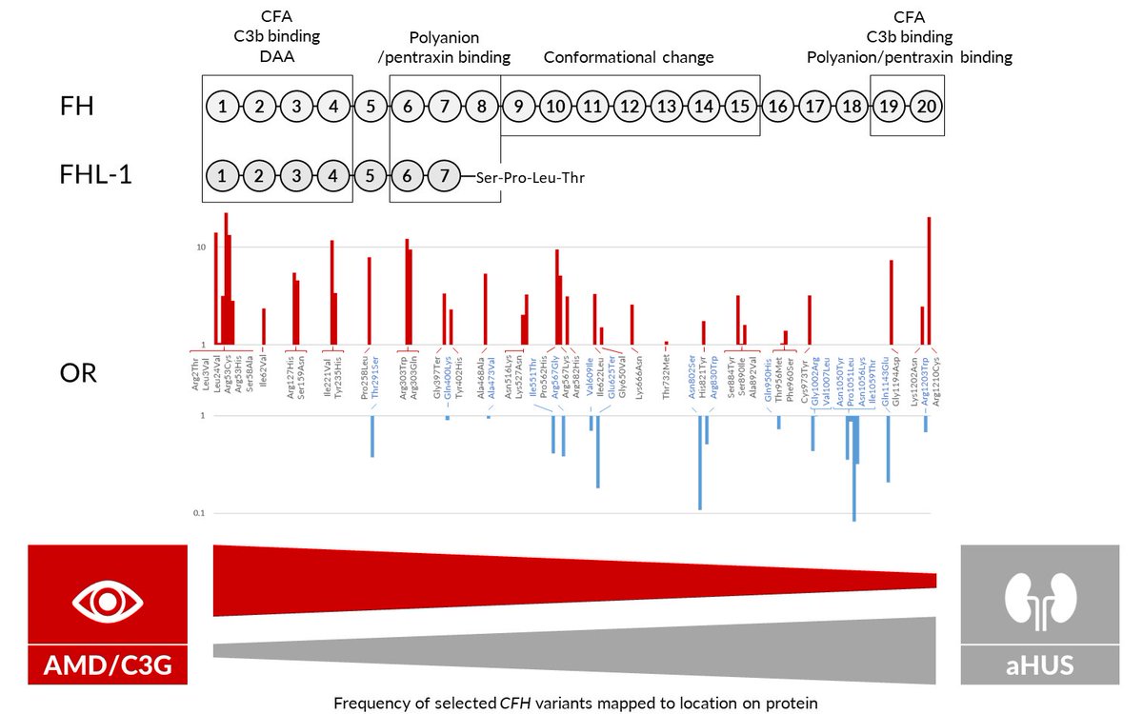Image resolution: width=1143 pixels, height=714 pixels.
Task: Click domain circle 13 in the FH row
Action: [x=667, y=107]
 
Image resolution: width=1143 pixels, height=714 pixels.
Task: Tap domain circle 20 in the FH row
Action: [x=926, y=107]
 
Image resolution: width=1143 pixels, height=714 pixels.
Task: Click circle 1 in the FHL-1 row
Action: [x=222, y=176]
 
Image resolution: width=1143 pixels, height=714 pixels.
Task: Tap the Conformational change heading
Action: [x=629, y=58]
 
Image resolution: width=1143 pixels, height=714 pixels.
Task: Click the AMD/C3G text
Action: [x=108, y=664]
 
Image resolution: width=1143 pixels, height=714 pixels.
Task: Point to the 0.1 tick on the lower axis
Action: [x=201, y=514]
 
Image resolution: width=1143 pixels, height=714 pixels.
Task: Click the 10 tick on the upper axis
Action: [x=201, y=247]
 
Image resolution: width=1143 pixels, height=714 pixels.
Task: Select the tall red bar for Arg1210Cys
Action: [x=929, y=281]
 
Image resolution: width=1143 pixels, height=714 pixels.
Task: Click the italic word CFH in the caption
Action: [x=517, y=704]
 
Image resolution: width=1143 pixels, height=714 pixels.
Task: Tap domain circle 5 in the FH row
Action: [x=371, y=107]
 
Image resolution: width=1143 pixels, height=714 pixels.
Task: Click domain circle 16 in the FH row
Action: [x=777, y=107]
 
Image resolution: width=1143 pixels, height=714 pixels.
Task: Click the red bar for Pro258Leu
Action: [x=369, y=301]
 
